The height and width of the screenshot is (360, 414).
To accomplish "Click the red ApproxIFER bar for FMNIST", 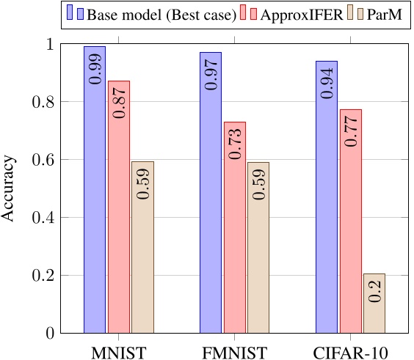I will (234, 227).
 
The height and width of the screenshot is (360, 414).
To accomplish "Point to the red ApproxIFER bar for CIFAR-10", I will (350, 221).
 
